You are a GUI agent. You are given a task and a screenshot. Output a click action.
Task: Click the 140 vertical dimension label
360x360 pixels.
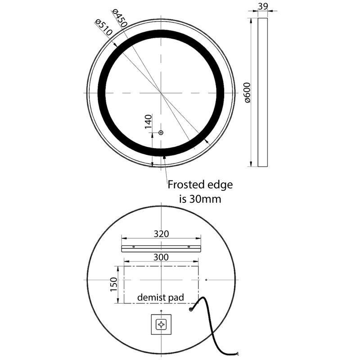149,122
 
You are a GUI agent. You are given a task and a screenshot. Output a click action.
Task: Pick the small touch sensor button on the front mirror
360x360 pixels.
161,133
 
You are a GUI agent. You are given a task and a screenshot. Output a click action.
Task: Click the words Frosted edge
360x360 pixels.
200,184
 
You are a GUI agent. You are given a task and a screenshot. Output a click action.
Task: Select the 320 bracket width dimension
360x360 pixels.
161,234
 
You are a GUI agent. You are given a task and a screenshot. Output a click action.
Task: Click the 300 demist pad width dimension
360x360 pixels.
161,257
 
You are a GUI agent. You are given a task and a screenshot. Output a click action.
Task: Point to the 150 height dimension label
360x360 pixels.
113,284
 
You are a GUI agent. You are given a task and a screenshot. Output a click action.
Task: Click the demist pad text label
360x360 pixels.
161,297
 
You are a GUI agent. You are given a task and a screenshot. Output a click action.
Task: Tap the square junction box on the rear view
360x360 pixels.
161,324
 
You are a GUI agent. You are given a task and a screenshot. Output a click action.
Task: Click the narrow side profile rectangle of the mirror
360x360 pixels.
262,92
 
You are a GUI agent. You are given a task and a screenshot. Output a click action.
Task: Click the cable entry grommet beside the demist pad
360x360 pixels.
191,309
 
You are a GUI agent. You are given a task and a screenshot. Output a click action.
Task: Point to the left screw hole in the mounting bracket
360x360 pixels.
134,247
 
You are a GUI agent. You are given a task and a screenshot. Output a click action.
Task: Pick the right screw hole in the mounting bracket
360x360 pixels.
189,247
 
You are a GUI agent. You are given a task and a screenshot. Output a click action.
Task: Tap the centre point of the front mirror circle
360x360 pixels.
161,92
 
